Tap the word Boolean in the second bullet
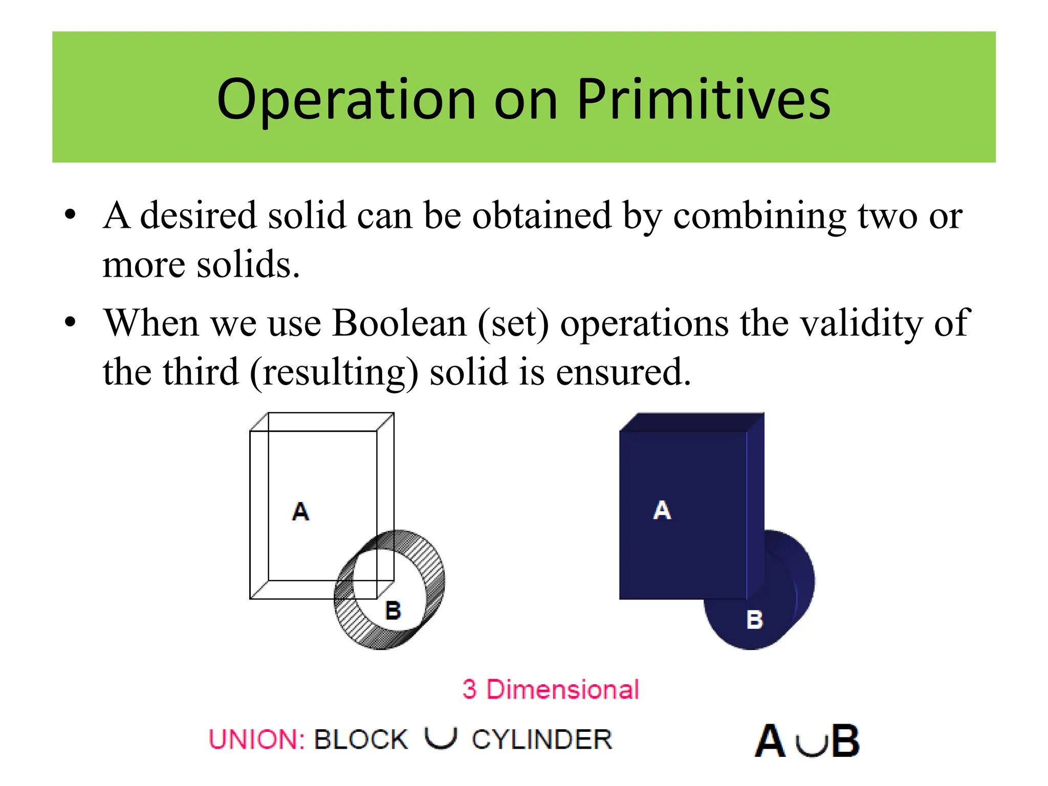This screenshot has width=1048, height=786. (x=399, y=324)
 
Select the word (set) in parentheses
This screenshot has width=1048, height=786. (x=513, y=324)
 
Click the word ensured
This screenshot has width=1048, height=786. (x=623, y=373)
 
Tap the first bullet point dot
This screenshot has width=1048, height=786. (x=71, y=214)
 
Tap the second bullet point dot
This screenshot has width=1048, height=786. (x=71, y=323)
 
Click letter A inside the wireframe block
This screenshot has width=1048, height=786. (x=301, y=511)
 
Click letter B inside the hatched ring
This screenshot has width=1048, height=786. (x=393, y=610)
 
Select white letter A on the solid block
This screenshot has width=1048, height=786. (x=662, y=510)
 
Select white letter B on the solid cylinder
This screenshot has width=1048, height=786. (x=754, y=620)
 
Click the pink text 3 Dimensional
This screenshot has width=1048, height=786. (x=551, y=689)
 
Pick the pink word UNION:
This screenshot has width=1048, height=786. (x=257, y=740)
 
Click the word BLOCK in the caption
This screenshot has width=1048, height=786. (x=361, y=740)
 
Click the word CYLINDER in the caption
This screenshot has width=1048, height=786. (x=542, y=740)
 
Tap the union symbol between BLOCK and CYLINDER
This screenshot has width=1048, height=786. (x=440, y=738)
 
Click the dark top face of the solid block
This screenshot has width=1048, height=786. (x=691, y=422)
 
